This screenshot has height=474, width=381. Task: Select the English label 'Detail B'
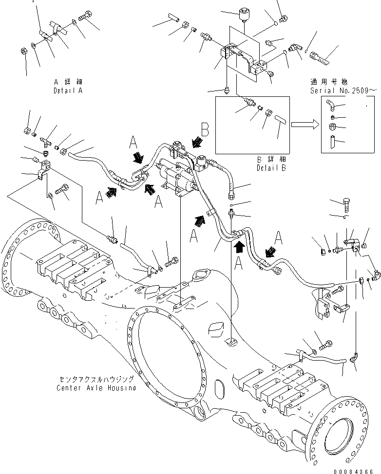coord(271,168)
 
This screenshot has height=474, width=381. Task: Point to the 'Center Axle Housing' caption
coord(96,388)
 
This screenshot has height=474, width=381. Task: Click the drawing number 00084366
coord(357,471)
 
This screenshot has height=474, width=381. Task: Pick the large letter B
coord(206,129)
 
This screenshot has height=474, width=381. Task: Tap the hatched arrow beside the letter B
coord(197,143)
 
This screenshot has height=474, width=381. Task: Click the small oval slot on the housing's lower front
coord(219,390)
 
